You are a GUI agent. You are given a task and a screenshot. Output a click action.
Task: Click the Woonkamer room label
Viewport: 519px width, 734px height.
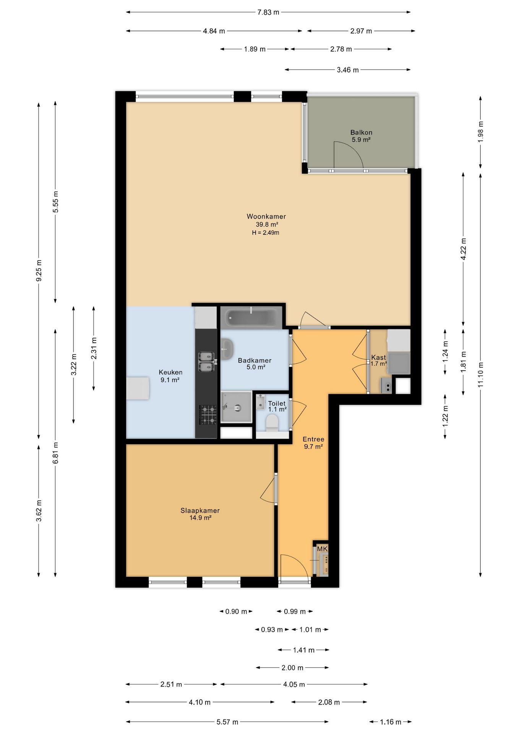point(266,216)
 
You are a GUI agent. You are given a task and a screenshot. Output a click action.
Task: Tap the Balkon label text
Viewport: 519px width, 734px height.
point(361,133)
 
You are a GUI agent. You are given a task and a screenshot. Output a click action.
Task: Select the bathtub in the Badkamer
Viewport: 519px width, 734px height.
point(251,317)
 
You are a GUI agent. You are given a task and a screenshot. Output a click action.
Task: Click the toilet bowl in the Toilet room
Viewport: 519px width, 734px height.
point(272,424)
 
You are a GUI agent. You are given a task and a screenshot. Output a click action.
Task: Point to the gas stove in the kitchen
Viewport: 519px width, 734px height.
point(208,415)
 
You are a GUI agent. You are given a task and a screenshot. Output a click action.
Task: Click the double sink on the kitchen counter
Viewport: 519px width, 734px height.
point(206,362)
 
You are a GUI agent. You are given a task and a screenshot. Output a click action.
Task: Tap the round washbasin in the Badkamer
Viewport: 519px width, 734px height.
point(227,349)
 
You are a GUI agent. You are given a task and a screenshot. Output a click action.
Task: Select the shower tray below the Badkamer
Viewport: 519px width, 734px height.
point(236,407)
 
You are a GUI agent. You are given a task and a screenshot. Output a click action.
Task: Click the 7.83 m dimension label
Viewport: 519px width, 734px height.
point(268,12)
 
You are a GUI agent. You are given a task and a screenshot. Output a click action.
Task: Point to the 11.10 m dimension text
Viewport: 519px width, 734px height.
point(481,375)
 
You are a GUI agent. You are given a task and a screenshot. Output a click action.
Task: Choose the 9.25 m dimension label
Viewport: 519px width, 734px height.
point(39,270)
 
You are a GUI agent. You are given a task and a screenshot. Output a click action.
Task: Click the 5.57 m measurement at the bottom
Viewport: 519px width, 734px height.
point(227,722)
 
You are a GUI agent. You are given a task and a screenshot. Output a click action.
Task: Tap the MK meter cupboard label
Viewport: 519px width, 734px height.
point(322,549)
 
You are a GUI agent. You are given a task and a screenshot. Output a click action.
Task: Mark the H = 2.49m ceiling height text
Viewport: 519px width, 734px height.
point(266,232)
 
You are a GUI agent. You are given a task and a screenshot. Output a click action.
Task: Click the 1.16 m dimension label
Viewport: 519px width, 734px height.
point(390,722)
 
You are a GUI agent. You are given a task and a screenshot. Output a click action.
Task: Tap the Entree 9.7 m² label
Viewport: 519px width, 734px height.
point(313,443)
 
